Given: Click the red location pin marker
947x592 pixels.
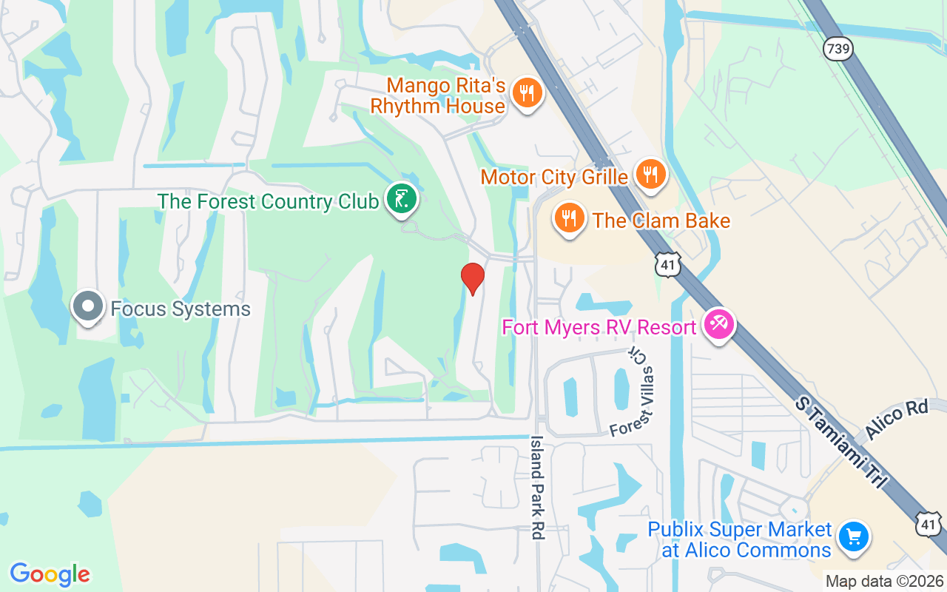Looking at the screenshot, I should coord(472,277).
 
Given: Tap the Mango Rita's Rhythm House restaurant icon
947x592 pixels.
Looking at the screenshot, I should coord(528,93).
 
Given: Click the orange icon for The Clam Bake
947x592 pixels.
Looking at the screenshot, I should coord(569,218).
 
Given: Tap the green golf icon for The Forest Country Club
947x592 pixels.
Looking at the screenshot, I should coord(401,199).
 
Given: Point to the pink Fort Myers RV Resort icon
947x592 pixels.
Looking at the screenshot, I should coord(718,324).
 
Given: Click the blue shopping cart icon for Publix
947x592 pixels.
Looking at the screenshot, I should coord(854,536).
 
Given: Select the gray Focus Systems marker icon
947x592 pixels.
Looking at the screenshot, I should coord(88,306).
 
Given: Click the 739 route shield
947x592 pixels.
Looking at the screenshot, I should coord(838,49).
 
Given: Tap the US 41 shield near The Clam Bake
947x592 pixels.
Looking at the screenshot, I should coord(667,264).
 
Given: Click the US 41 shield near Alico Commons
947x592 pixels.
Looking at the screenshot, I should coord(929,523).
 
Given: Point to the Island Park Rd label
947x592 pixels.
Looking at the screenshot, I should coord(539,487).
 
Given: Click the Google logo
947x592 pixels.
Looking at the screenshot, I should coord(50,574).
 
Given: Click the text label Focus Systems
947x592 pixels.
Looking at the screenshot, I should coord(181,309).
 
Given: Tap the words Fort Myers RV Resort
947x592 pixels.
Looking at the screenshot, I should coord(599,326).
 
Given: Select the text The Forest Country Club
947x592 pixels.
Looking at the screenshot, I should coord(268,201).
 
